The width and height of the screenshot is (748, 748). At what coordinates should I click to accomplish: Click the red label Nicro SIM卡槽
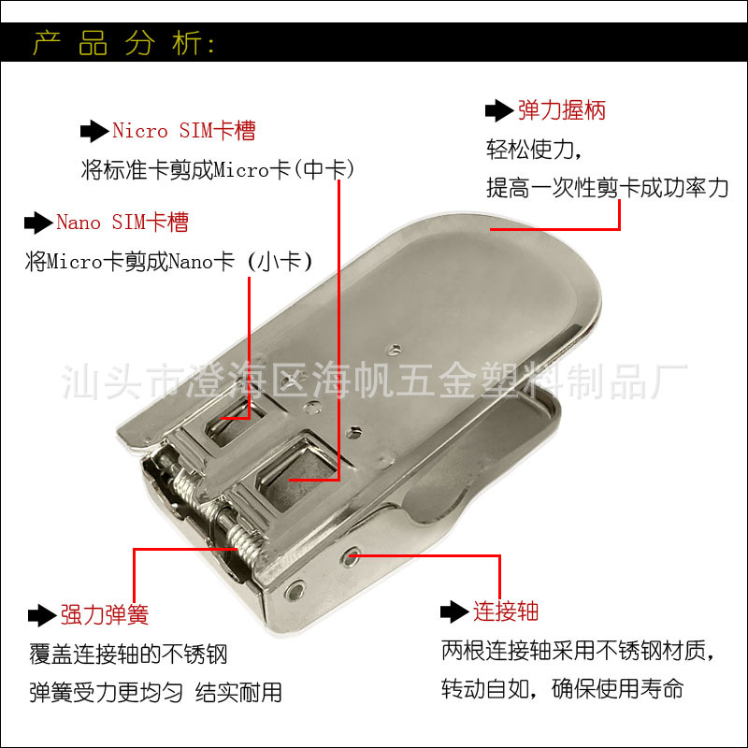pyautogui.click(x=183, y=131)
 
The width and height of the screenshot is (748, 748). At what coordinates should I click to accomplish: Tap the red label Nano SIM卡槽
pyautogui.click(x=122, y=223)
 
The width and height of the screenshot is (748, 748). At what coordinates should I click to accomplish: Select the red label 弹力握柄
pyautogui.click(x=561, y=110)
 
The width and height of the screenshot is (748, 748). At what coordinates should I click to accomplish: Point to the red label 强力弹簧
pyautogui.click(x=104, y=614)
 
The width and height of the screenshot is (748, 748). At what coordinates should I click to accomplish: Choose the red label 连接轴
pyautogui.click(x=505, y=611)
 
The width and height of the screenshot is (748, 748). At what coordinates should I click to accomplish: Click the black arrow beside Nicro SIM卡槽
pyautogui.click(x=93, y=132)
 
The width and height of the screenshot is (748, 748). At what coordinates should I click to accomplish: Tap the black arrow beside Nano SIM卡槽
pyautogui.click(x=37, y=223)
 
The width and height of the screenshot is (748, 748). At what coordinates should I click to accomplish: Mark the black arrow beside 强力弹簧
pyautogui.click(x=41, y=614)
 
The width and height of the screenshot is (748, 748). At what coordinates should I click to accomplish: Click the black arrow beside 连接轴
pyautogui.click(x=453, y=611)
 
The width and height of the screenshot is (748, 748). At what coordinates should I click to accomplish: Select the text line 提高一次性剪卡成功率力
pyautogui.click(x=607, y=187)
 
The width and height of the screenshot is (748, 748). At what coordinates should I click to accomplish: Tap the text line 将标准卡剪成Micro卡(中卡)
pyautogui.click(x=218, y=170)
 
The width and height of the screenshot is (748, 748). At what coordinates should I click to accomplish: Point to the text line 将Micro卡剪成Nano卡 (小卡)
pyautogui.click(x=168, y=262)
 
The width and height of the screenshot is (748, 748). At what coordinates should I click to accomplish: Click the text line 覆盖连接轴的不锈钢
pyautogui.click(x=128, y=654)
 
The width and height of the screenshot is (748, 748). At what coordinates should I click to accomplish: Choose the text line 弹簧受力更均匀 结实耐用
pyautogui.click(x=154, y=693)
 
